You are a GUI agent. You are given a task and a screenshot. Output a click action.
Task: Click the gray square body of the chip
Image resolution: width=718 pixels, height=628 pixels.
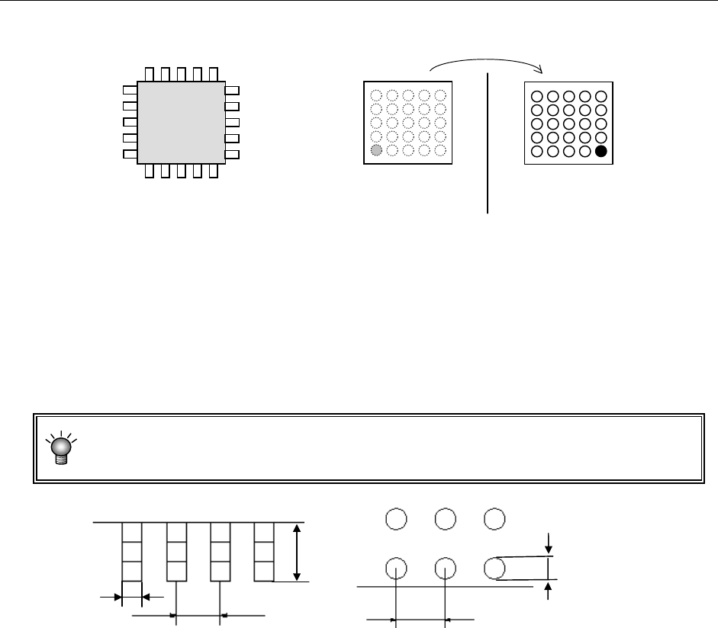click(x=181, y=122)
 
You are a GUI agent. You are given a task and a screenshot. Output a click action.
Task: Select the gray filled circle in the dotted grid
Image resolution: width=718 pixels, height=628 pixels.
click(x=375, y=151)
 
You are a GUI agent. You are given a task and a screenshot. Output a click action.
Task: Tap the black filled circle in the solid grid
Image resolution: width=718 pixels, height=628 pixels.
click(x=601, y=151)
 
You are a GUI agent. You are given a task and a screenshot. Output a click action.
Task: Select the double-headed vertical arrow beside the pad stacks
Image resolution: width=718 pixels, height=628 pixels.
click(x=297, y=553)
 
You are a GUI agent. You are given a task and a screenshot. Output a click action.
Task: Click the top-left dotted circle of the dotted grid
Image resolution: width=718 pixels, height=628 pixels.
click(x=375, y=96)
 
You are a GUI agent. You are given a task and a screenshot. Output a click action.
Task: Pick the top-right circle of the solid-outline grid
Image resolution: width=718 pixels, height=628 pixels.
click(x=601, y=96)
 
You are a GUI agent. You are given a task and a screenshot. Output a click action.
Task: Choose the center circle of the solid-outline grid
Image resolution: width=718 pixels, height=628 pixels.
click(x=568, y=123)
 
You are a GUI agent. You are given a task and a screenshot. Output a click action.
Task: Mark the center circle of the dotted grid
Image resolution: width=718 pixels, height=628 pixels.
click(x=408, y=123)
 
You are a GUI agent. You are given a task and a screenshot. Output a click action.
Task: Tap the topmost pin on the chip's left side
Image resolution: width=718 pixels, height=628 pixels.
click(x=130, y=90)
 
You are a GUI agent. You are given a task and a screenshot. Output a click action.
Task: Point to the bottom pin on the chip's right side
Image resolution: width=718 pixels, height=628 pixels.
click(x=233, y=155)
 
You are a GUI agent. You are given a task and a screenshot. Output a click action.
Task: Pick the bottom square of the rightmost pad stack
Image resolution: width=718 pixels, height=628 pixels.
click(x=263, y=571)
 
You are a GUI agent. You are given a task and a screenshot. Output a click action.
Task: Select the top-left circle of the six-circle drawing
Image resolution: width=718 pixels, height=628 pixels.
click(x=396, y=519)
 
